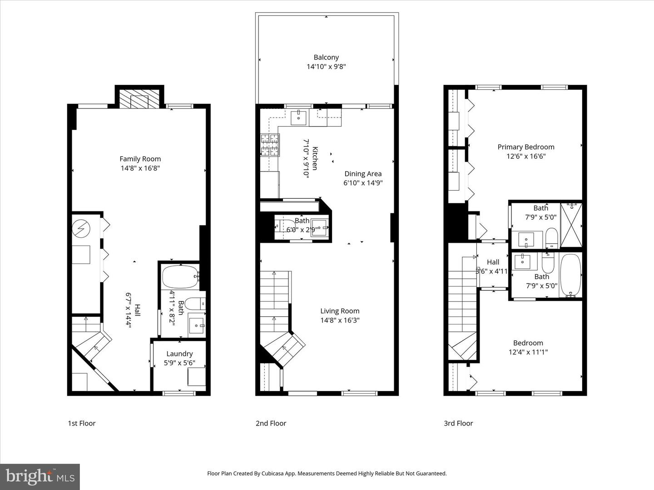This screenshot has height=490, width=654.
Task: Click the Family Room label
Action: coord(140,159)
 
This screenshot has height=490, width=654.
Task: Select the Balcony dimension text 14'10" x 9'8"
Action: coord(326,67)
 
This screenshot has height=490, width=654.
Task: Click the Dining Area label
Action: coord(363,174)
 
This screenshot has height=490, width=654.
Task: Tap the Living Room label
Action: coord(340,311)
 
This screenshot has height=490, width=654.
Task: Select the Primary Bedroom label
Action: coord(525,147)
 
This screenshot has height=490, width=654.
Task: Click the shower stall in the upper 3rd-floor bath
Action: coord(571,225)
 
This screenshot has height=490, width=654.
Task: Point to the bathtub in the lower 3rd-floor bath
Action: coord(570,275)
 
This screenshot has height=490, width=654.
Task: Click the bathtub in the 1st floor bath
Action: coord(180,276)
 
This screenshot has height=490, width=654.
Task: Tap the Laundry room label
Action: coord(179,354)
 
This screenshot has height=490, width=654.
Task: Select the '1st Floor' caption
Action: coord(82,423)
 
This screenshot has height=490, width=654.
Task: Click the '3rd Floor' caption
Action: coord(458,423)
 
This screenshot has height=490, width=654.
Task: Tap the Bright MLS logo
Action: coord(40,476)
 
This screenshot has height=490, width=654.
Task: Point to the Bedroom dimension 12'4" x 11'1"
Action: coord(528,352)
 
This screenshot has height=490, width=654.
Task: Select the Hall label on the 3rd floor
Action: coord(493,262)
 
